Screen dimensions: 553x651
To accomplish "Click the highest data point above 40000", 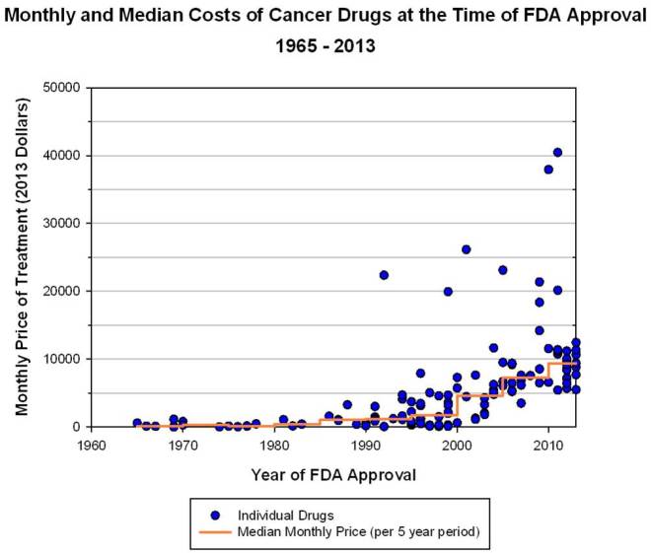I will point(557,152).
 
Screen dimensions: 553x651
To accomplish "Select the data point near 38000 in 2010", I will point(548,170).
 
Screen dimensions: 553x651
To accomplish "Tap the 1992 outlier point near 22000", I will point(384,275).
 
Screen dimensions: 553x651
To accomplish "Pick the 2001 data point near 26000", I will point(466,249).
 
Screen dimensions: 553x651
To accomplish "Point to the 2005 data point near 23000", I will point(502,270).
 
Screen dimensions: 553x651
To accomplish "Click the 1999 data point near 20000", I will point(448,292).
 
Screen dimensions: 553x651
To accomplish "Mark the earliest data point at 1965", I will point(137,423).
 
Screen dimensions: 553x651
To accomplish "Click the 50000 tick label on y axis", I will point(59,88).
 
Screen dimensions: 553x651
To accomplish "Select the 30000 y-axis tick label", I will point(59,224).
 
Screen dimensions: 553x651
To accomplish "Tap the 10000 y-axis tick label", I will point(59,360).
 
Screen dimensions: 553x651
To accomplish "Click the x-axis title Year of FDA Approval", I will point(320,474).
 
